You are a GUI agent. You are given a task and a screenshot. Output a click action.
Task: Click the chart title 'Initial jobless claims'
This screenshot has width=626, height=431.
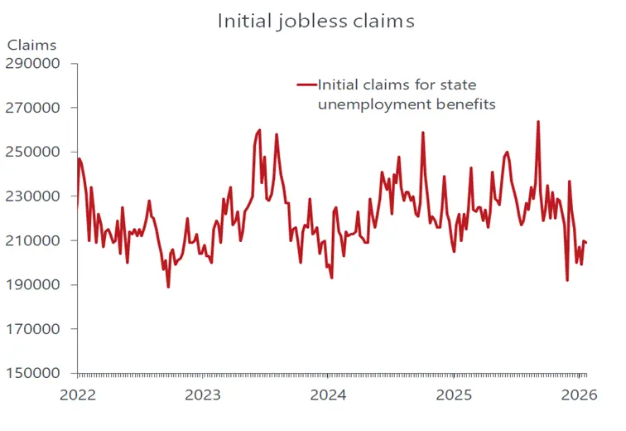[315, 21]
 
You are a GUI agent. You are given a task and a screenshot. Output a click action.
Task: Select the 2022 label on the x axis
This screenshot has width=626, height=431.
[77, 395]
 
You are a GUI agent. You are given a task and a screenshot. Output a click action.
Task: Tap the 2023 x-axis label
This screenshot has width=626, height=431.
[203, 395]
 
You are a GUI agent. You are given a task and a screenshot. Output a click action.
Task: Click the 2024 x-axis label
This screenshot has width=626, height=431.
[329, 395]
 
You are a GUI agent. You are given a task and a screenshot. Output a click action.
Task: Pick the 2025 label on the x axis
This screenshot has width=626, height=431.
[454, 395]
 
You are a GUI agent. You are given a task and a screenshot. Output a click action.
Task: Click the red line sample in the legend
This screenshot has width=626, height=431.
[306, 85]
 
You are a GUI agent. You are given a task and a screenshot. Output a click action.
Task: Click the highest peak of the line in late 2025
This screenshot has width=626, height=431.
[538, 122]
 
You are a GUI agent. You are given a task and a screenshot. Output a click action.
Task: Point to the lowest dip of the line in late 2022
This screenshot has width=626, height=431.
[168, 287]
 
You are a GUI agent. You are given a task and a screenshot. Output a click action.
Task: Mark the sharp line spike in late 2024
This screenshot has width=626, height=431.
[423, 133]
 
